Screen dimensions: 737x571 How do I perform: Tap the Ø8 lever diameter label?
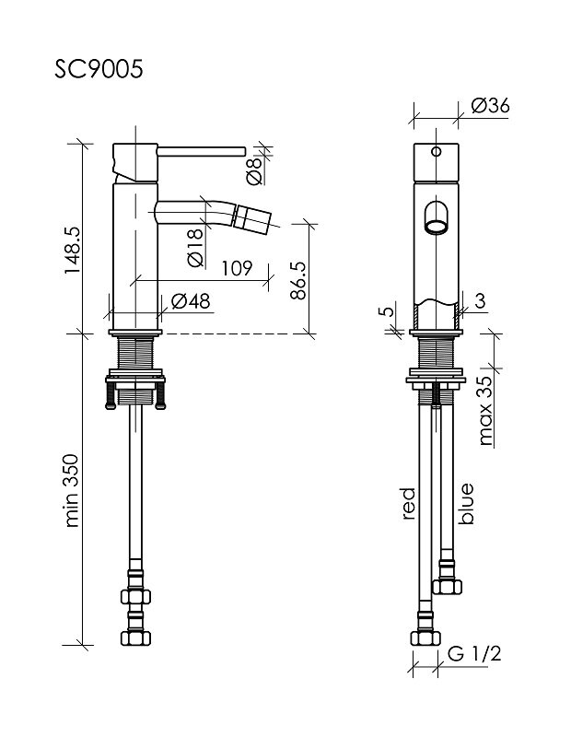[x=253, y=169]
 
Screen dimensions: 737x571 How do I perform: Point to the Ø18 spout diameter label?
[x=194, y=248]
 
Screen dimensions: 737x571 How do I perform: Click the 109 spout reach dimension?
[x=237, y=268]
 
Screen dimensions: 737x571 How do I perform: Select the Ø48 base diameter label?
[x=191, y=300]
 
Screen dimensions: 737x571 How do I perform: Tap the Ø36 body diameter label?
[x=489, y=105]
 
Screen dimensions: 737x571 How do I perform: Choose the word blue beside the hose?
[x=467, y=503]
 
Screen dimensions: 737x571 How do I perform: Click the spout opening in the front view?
[x=436, y=220]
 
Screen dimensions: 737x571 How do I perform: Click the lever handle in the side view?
[x=198, y=148]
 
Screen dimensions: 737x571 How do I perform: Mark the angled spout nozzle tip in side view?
[x=251, y=218]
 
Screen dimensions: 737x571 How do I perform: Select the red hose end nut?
[x=425, y=636]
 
